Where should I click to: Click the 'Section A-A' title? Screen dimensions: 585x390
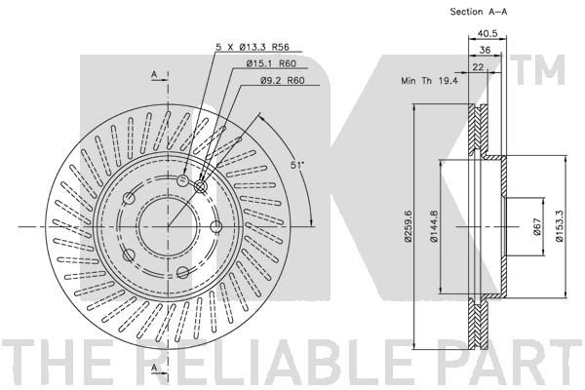click(479, 12)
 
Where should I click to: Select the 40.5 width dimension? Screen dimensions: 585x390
click(487, 33)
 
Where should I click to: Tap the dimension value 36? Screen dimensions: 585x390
click(485, 50)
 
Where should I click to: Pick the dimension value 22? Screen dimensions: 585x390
click(478, 67)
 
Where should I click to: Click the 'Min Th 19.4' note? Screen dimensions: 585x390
click(429, 80)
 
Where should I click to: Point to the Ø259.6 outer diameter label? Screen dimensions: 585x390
click(408, 225)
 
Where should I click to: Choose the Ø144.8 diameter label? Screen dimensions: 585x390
click(434, 226)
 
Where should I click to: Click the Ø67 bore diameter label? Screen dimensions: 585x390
click(537, 226)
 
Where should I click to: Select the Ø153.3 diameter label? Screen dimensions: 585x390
click(559, 226)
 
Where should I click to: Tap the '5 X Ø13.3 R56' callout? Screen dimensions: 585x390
click(253, 48)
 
